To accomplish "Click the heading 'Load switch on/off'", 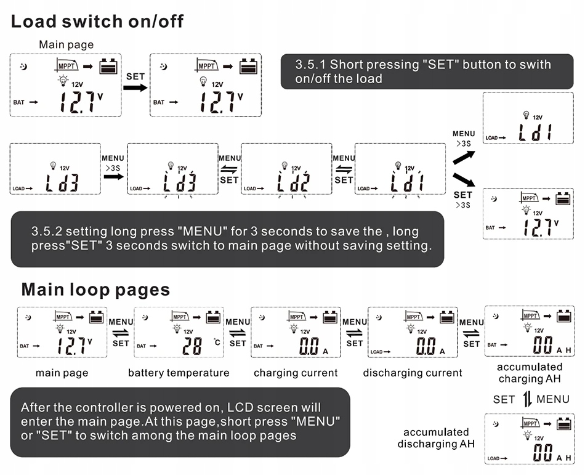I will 97,22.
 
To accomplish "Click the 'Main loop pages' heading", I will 95,289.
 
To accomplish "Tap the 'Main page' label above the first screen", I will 67,44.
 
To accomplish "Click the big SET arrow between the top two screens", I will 135,87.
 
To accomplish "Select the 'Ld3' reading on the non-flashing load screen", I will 62,182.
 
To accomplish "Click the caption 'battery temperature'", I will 179,373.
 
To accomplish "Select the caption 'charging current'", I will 296,373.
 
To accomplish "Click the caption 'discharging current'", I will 413,373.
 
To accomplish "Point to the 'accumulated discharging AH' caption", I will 435,438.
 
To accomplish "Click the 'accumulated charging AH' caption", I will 530,373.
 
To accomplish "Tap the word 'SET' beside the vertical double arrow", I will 504,399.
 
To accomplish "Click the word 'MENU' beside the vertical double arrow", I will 553,399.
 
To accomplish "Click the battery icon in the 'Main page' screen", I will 108,66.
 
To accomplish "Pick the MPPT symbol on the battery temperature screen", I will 180,317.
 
